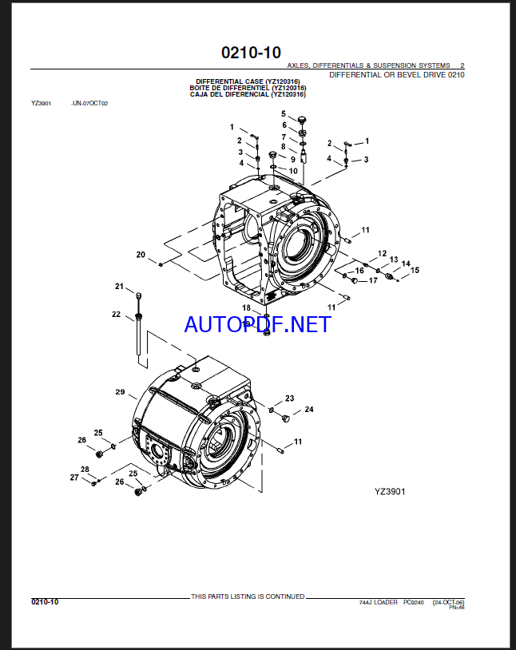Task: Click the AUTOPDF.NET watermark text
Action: coord(256,324)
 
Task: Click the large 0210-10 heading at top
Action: coord(251,53)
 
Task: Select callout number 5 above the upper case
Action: coord(283,113)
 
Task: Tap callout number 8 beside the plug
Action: coord(280,148)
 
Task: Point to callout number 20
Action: coord(141,255)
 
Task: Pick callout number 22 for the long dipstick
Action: coord(116,315)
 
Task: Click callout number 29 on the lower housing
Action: coord(121,392)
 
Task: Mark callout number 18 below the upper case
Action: coord(247,307)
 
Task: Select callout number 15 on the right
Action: coord(415,271)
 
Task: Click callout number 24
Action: coord(308,410)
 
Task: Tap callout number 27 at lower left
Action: coord(74,478)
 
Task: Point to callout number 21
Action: coord(119,287)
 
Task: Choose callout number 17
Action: coord(372,280)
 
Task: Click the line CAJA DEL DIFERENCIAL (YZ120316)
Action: coord(248,94)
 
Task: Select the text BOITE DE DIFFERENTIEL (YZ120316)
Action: coord(248,88)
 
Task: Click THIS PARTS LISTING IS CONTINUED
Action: coord(248,596)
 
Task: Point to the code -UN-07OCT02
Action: coord(89,104)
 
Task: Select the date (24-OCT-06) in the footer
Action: coord(448,602)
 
